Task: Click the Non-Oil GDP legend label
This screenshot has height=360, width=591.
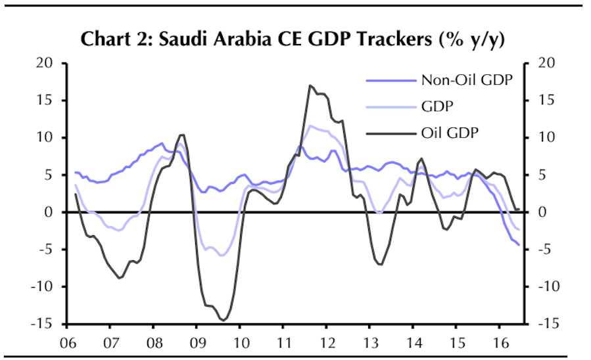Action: (466, 81)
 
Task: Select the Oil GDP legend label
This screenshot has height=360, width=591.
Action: (450, 133)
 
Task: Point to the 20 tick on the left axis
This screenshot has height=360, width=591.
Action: (44, 63)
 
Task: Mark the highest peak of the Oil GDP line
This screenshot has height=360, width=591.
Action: (310, 85)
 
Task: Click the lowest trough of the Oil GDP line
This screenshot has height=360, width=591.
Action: (224, 320)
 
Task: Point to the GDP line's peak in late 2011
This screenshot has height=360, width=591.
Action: (310, 125)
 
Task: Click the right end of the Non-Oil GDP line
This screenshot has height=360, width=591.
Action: (519, 245)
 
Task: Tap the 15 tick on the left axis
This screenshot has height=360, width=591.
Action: (44, 101)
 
